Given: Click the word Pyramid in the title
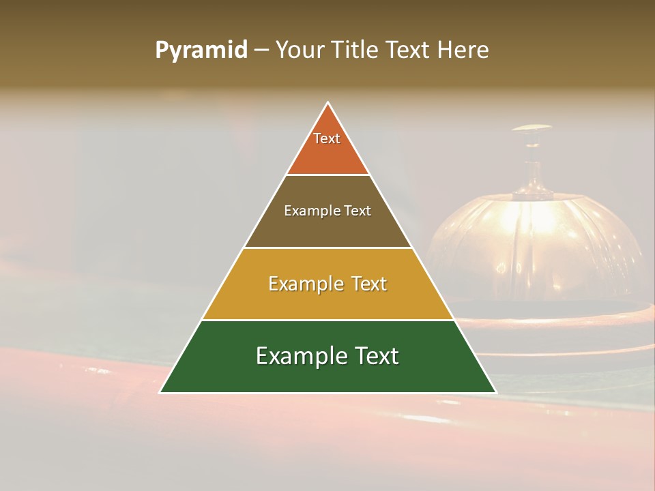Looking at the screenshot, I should pos(201,50).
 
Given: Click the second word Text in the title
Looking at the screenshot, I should pos(407,50).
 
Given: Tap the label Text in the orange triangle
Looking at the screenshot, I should pos(327,138).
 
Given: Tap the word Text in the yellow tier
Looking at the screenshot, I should pos(365,284).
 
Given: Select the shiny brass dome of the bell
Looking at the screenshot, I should pos(533,239).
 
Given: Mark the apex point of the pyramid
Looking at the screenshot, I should pos(328,102).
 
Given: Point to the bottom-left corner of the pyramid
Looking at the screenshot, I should pos(160,392).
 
